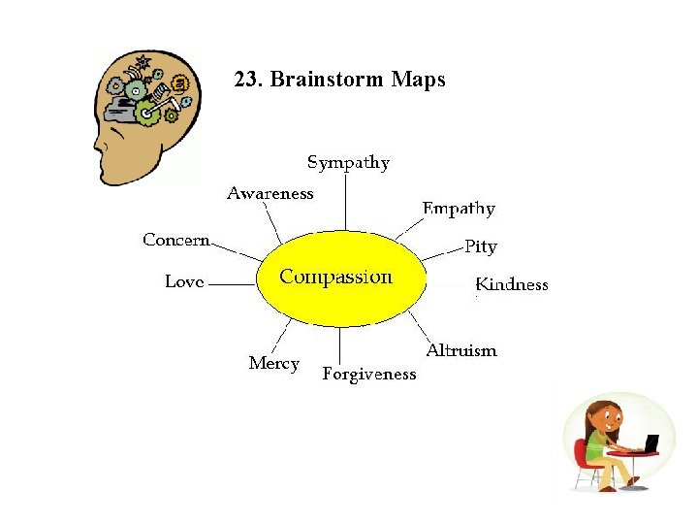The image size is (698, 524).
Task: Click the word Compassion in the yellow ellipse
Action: coord(335,278)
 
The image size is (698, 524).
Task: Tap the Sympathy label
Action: coord(348,163)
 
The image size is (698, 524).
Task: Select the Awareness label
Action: coord(270,193)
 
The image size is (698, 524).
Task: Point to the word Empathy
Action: coord(459,209)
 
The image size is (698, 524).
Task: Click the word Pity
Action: coord(480,246)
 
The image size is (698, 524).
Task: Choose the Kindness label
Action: coord(512,284)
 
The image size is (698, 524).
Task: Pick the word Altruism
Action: coord(461,350)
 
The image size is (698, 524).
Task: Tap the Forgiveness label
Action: coord(368,374)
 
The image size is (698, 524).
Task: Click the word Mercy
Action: coord(273,363)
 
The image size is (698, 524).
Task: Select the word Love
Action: coord(184,281)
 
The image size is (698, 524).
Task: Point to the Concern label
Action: coord(175,240)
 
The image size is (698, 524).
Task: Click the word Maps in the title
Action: coord(419,80)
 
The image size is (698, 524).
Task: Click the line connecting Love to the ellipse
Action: coord(233,285)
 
